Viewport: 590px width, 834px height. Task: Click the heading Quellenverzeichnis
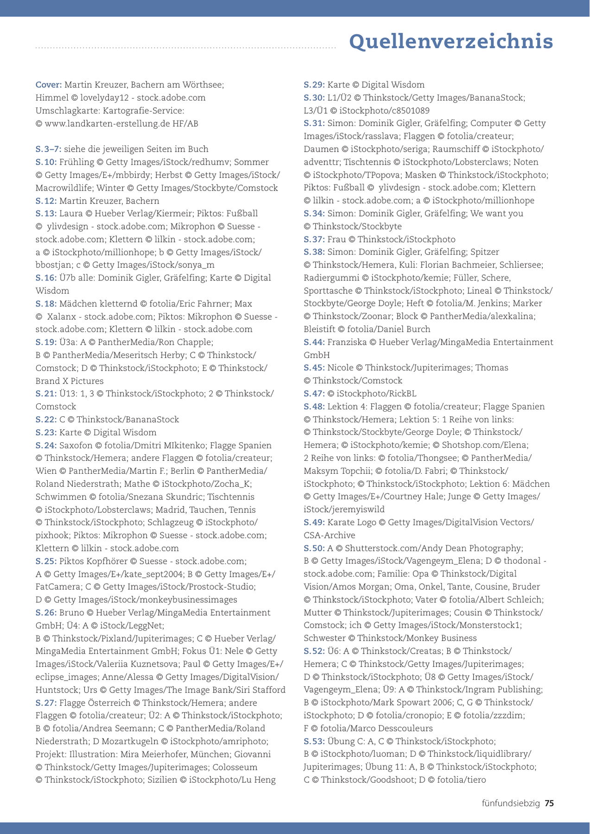click(450, 41)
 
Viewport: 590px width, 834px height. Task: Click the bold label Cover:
click(49, 85)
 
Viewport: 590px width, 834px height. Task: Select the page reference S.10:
click(46, 162)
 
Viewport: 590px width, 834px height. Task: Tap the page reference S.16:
click(46, 278)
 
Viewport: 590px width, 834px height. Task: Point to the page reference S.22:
click(46, 420)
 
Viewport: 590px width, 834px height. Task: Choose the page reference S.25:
click(46, 561)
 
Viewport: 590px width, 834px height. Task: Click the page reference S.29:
click(314, 85)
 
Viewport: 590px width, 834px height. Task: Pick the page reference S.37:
click(314, 240)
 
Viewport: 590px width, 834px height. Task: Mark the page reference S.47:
click(314, 394)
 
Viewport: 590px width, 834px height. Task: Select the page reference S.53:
click(314, 741)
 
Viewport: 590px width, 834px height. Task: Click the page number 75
click(549, 803)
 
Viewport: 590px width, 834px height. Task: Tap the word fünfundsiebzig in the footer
click(511, 803)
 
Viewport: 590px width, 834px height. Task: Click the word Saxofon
click(76, 446)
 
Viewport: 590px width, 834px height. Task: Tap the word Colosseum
click(235, 767)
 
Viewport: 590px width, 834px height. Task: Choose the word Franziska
click(347, 342)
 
